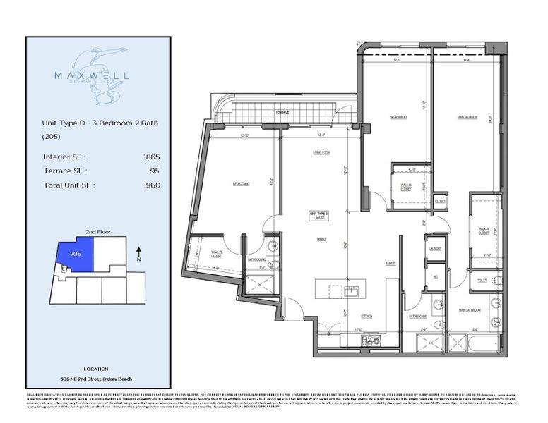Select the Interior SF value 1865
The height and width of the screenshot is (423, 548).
(150, 157)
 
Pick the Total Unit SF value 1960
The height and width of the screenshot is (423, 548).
(150, 185)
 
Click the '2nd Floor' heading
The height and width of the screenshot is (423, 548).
(97, 231)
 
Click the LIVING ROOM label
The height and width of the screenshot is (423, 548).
(322, 152)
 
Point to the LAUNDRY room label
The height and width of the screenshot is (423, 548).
(434, 248)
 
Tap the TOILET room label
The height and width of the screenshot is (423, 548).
(481, 281)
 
